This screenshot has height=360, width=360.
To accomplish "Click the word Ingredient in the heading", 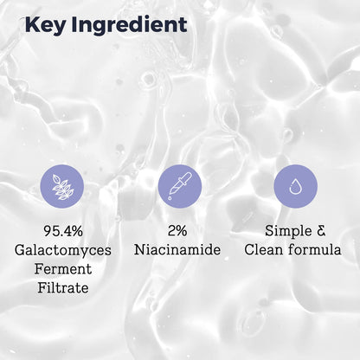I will tap(131, 24).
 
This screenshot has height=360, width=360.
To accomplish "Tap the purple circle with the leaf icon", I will tap(62, 185).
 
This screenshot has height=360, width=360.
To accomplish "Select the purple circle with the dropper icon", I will tap(179, 185).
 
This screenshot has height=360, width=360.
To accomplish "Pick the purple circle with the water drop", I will tap(295, 185).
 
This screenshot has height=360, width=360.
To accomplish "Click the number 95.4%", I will tap(62, 232).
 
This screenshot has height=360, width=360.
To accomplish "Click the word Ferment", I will tap(62, 269).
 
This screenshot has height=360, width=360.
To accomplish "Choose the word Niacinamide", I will tap(179, 251).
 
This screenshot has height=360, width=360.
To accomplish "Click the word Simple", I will tap(285, 232).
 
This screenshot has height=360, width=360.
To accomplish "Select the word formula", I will tap(316, 251).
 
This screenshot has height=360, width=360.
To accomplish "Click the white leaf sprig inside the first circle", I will tap(62, 185).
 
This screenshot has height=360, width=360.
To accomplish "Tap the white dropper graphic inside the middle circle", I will tap(179, 185).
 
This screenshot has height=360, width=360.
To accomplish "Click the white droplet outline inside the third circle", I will tap(295, 185).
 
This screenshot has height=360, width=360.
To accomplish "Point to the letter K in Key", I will tap(34, 24).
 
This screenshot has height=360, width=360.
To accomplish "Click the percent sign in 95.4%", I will tap(84, 232).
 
